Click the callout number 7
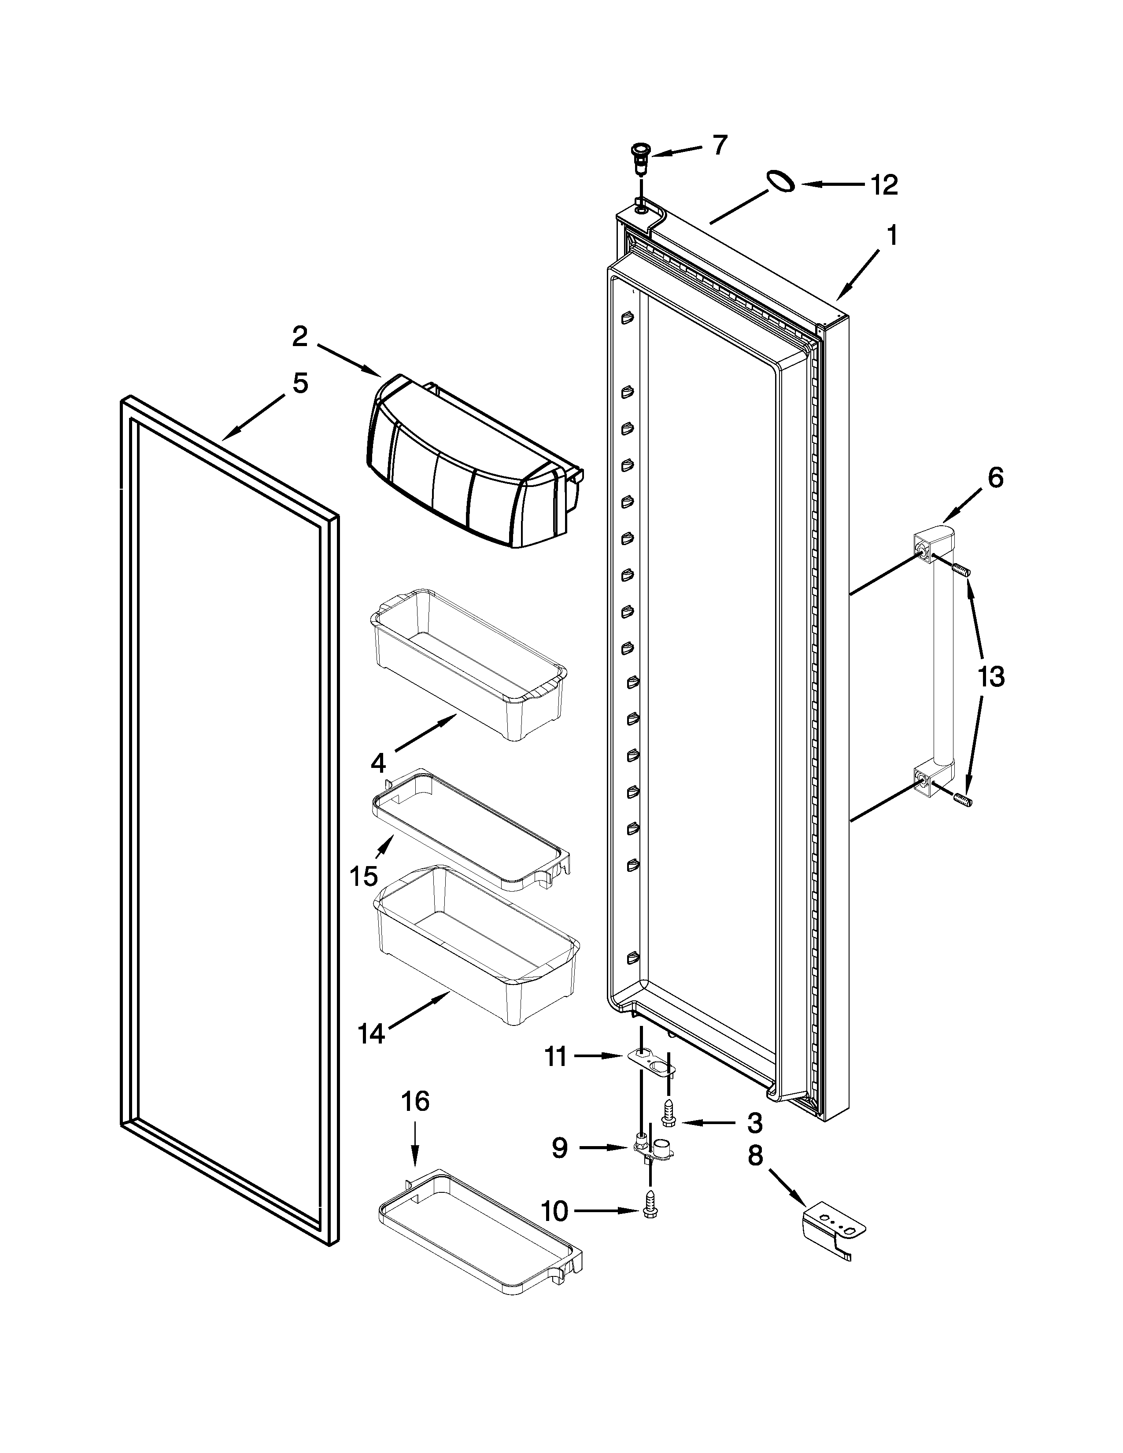pyautogui.click(x=720, y=145)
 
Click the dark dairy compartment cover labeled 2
pyautogui.click(x=465, y=466)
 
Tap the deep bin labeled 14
pyautogui.click(x=476, y=945)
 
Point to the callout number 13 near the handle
pyautogui.click(x=990, y=677)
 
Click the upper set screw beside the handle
pyautogui.click(x=962, y=569)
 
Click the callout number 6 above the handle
pyautogui.click(x=994, y=478)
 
